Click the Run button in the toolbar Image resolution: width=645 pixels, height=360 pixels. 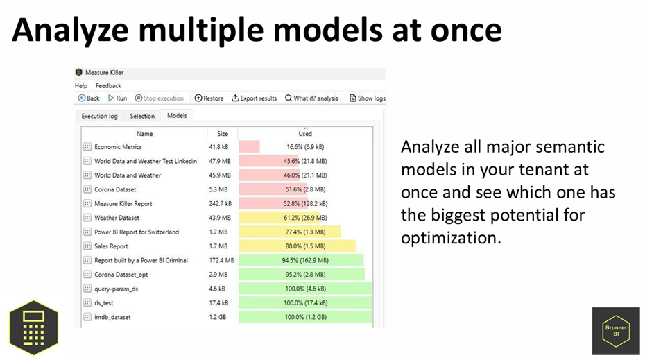coord(117,98)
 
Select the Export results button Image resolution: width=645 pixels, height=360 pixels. coord(255,98)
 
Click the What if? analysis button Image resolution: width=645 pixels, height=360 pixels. coord(311,98)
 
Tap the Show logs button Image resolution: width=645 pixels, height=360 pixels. coord(368,98)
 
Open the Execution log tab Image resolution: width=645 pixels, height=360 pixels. coord(100,116)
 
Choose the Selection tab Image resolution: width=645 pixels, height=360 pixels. coord(142,116)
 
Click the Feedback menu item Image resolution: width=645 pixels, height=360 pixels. coord(109,85)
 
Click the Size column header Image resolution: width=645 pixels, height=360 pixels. coord(223,134)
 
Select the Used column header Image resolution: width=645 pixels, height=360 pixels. coord(305,134)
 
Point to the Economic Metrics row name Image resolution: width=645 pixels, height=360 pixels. coord(118,147)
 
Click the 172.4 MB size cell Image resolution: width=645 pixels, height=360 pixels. coord(221,260)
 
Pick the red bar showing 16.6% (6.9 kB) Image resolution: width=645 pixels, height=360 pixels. coord(249,147)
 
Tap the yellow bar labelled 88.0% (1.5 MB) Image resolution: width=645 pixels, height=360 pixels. coord(297,246)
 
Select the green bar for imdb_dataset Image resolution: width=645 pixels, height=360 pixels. coord(305,317)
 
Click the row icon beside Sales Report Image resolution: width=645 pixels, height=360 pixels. coord(87,246)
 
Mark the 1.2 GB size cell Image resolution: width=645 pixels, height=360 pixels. coord(218,317)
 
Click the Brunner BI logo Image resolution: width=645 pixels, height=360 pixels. coord(616,331)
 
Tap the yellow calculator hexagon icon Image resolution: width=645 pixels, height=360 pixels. coord(34,327)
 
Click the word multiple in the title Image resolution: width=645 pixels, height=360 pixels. coord(200,31)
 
